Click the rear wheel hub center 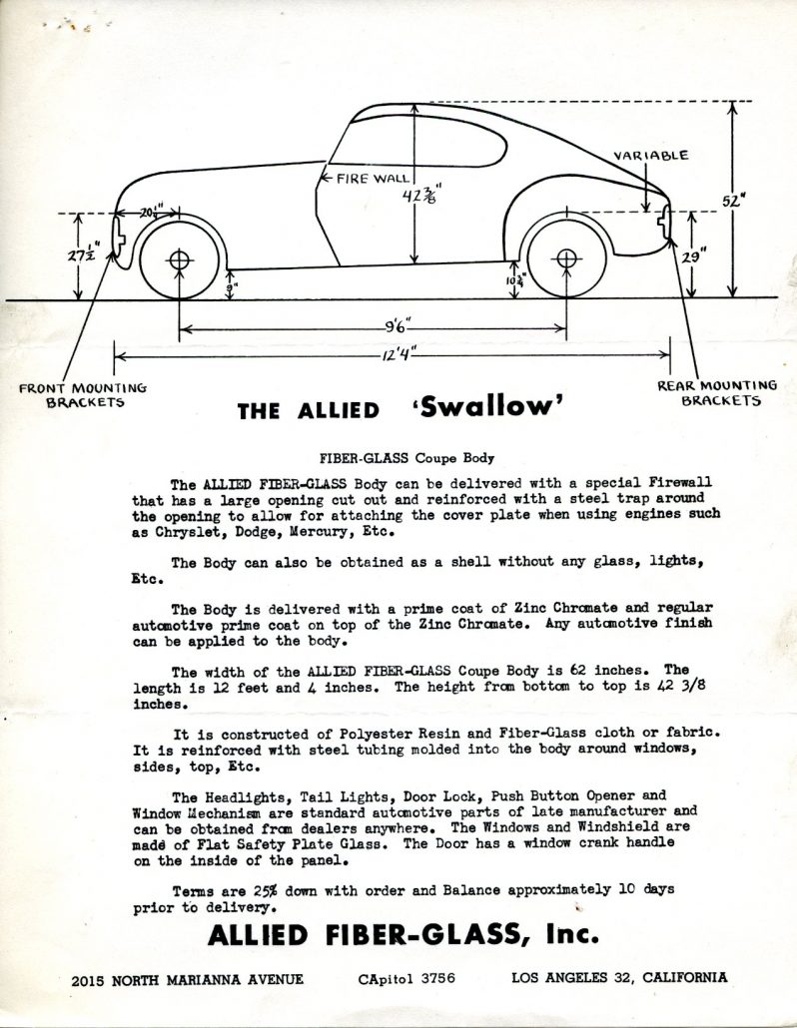(566, 259)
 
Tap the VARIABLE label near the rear (651, 155)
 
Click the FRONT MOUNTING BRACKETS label (83, 395)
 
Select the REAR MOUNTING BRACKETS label (716, 393)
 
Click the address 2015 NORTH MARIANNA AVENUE (188, 979)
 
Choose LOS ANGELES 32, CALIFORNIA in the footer (619, 978)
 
